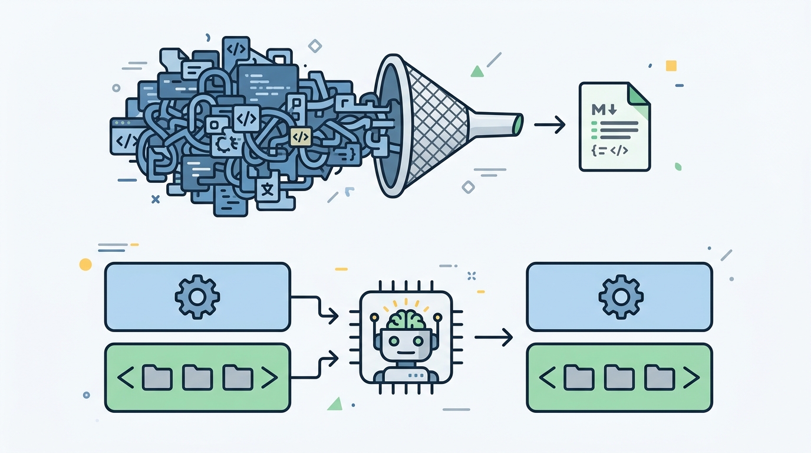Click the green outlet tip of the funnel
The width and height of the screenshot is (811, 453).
pos(518,124)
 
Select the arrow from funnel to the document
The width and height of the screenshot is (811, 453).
pos(549,124)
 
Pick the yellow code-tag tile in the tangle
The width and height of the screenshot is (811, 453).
pos(301,137)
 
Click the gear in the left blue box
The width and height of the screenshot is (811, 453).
pos(197,297)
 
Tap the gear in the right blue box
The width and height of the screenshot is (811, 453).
pos(621,297)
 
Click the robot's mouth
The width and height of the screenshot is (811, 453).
pos(406,353)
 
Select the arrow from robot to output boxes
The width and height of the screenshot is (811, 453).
pos(493,337)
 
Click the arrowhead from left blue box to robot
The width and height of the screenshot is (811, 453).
pos(333,316)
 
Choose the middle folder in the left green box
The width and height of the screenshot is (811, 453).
pos(197,377)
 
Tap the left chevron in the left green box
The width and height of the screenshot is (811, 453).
pos(126,377)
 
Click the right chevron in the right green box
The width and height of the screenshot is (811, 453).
pos(691,377)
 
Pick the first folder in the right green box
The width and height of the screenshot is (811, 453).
pos(579,377)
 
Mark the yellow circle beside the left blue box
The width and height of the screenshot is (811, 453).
pos(85,265)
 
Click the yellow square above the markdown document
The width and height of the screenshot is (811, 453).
pos(671,66)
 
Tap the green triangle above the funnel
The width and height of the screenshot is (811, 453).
pos(477,71)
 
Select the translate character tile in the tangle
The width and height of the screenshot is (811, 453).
pos(267,189)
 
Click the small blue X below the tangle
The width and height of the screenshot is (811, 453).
pos(156,199)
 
